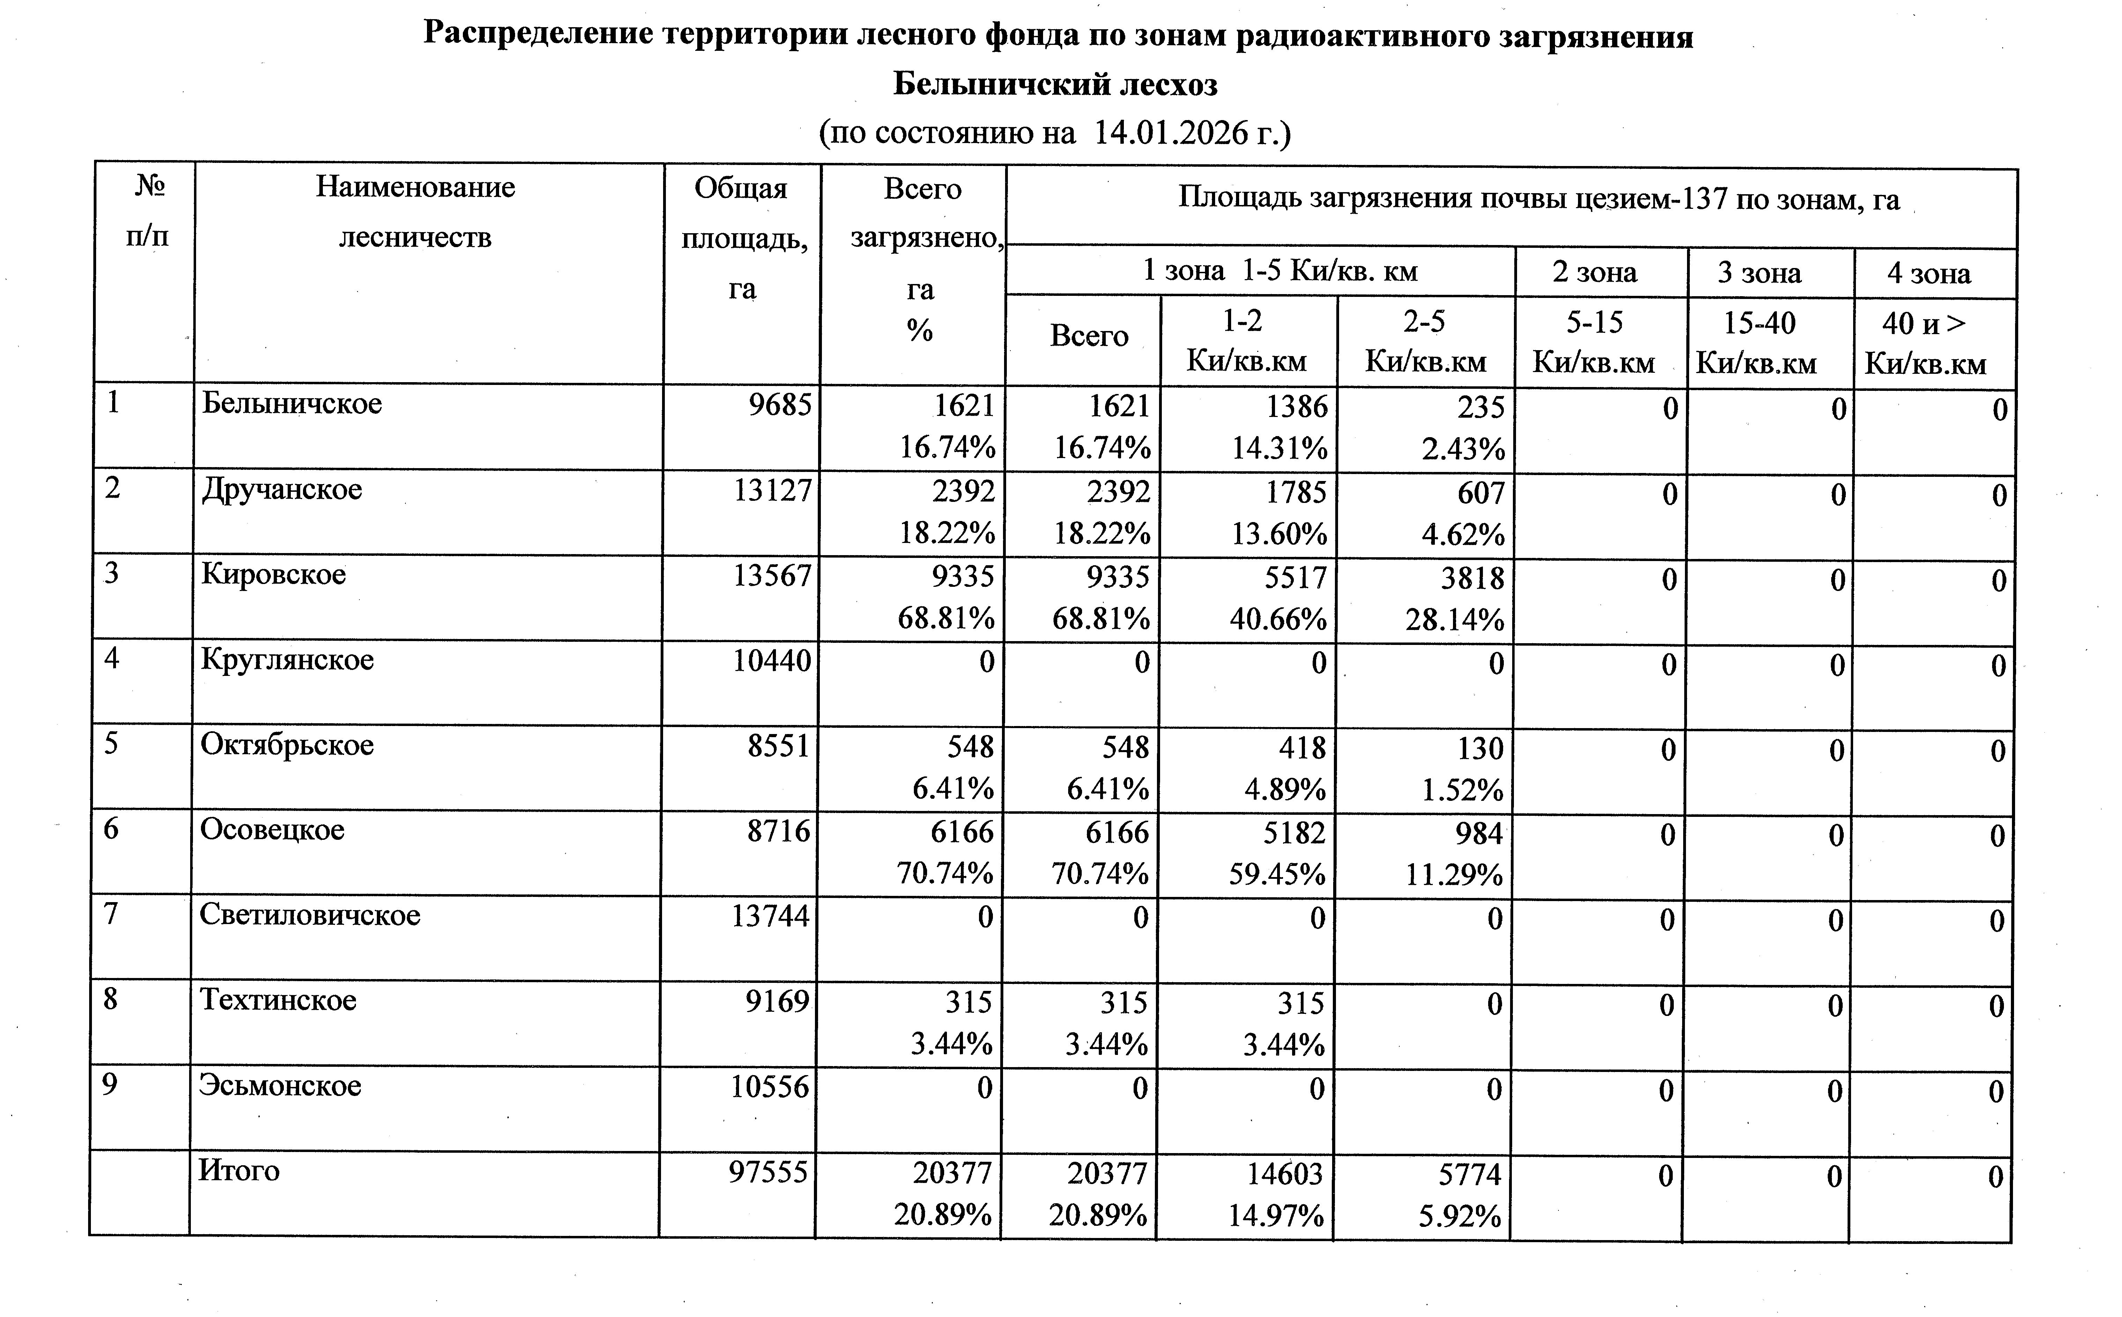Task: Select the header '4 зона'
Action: (x=1928, y=274)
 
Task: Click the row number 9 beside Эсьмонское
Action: (x=110, y=1085)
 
